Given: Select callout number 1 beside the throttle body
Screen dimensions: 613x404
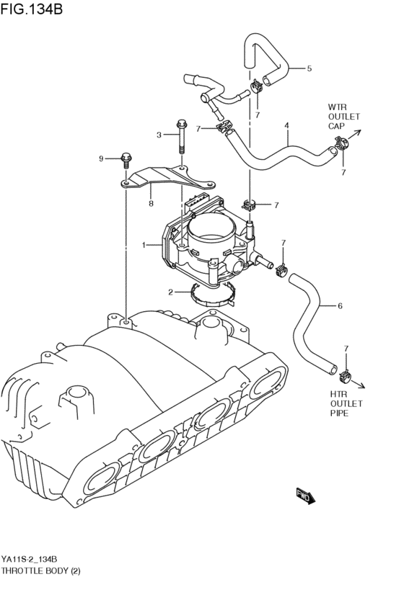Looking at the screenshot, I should [144, 246].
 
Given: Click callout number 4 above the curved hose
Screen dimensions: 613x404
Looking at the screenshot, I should [309, 69].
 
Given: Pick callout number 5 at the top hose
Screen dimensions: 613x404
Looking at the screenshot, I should [340, 306].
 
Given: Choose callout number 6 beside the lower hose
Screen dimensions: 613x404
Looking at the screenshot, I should [151, 204].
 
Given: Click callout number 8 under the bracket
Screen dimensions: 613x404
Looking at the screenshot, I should [102, 158].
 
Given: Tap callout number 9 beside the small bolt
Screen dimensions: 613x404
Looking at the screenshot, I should [126, 156].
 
